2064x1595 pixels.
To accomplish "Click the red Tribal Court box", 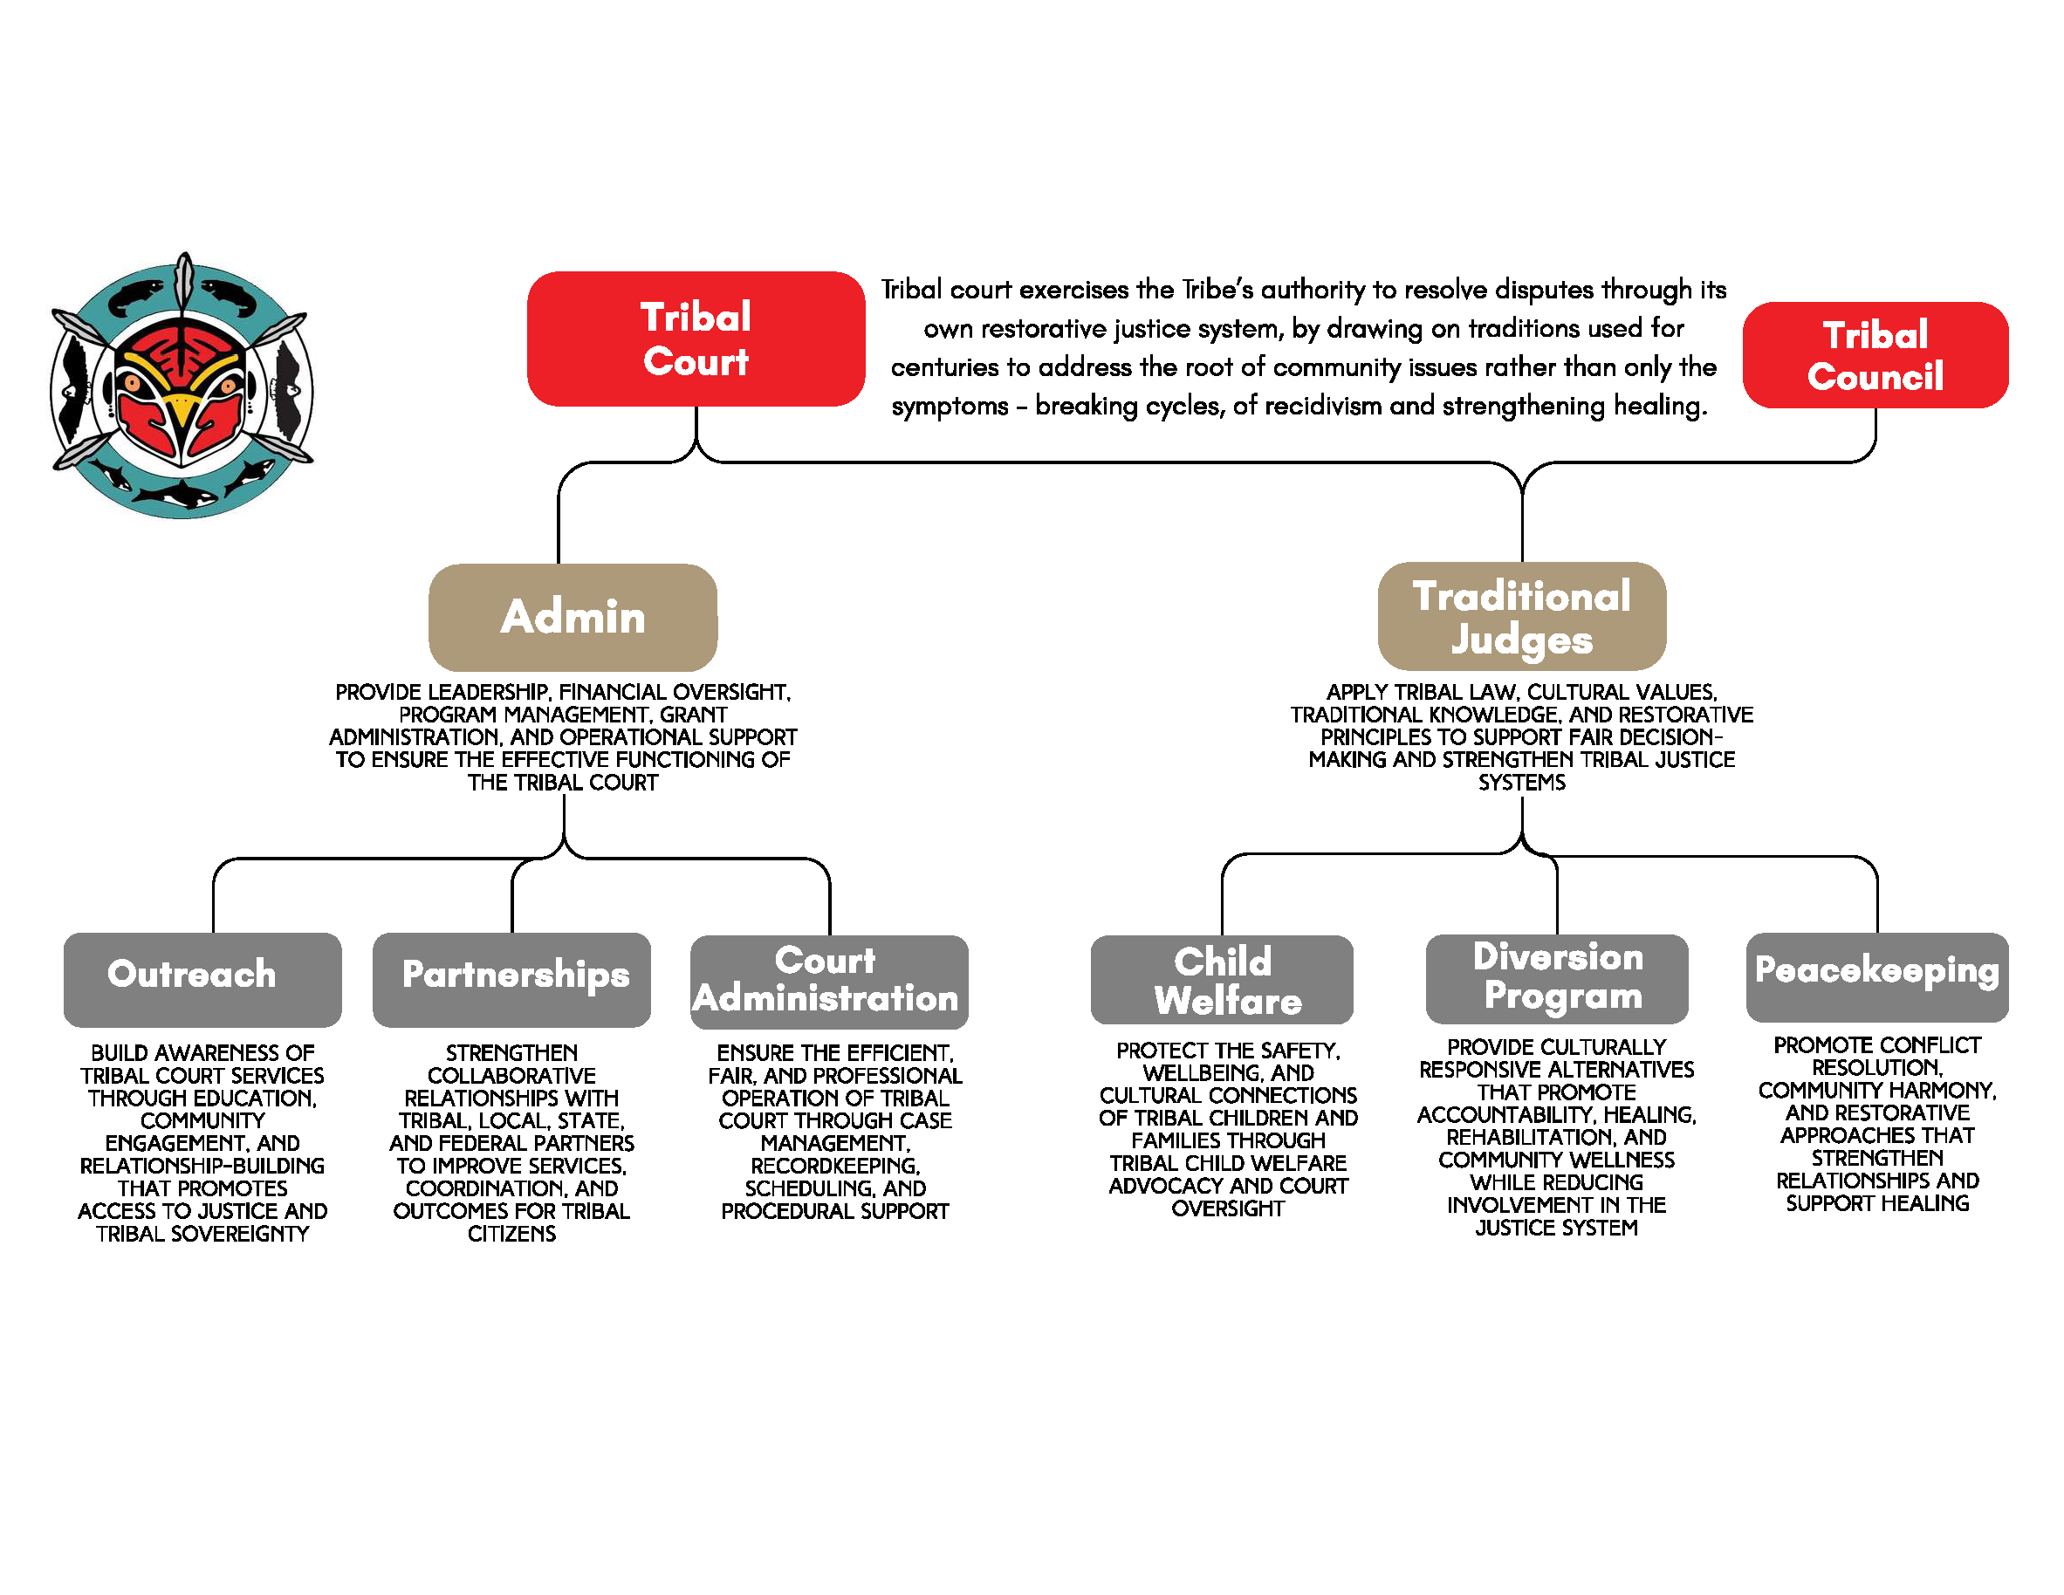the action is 696,339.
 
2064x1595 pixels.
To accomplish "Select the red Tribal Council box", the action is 1875,354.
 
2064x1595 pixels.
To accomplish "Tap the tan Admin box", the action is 573,617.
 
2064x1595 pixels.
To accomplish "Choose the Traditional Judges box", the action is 1521,616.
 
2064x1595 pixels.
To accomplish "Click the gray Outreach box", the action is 202,979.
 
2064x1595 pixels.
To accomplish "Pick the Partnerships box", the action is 511,979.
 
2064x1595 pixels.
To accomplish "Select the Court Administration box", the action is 829,982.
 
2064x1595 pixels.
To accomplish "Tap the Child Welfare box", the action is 1222,980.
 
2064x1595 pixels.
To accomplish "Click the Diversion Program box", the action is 1556,979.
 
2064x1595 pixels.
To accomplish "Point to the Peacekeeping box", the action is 1877,977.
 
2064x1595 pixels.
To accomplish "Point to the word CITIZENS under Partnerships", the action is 511,1234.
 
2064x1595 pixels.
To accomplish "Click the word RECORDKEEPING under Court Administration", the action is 835,1166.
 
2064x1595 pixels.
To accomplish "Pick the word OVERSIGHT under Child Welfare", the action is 1228,1209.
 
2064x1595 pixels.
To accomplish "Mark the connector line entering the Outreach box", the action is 214,896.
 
